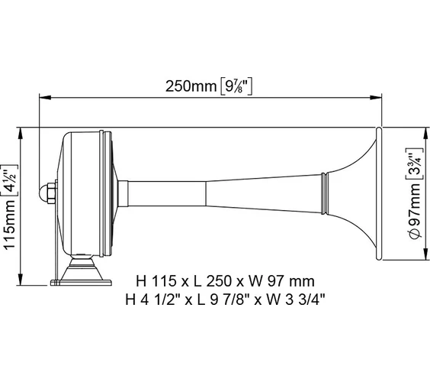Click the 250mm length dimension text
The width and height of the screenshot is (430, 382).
click(191, 86)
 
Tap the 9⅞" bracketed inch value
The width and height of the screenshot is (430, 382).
click(236, 86)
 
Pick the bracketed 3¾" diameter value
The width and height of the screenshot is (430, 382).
click(414, 164)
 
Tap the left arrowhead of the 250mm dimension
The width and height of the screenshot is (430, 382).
click(45, 97)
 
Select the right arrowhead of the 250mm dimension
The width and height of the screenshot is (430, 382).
click(376, 97)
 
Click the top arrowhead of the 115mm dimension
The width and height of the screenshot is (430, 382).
click(21, 134)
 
